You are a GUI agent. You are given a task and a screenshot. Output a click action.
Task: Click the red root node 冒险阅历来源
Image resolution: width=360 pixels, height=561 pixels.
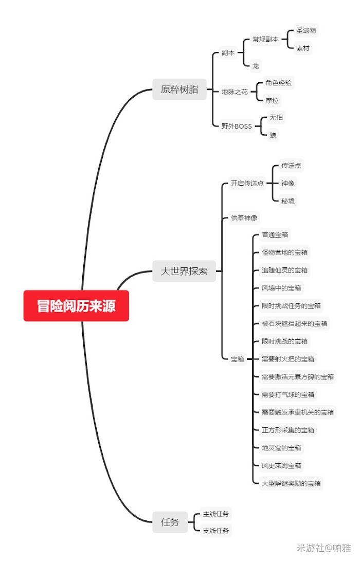pyautogui.click(x=76, y=306)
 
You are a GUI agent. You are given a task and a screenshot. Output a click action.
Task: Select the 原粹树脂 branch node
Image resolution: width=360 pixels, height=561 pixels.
pyautogui.click(x=179, y=89)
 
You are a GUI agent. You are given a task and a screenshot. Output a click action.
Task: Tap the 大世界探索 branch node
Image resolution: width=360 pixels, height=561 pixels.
pyautogui.click(x=184, y=271)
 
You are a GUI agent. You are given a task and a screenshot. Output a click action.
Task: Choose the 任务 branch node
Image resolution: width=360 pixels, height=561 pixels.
pyautogui.click(x=170, y=522)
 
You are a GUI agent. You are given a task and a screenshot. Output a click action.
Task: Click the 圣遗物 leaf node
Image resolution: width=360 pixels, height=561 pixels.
pyautogui.click(x=306, y=30)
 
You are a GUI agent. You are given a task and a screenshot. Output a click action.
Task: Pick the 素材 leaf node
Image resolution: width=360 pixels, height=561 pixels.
pyautogui.click(x=303, y=48)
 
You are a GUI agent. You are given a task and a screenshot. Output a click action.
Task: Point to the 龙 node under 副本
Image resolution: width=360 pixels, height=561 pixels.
pyautogui.click(x=256, y=66)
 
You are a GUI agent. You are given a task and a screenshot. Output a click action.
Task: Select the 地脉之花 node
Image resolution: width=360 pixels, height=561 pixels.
pyautogui.click(x=235, y=92)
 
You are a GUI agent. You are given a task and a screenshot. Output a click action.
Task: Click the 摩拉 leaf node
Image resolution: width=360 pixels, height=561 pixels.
pyautogui.click(x=273, y=100)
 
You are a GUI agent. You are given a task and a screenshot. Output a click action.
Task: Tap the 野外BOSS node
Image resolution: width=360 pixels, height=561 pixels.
pyautogui.click(x=237, y=126)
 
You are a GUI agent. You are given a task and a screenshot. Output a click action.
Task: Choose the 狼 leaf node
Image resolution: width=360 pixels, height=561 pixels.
pyautogui.click(x=273, y=135)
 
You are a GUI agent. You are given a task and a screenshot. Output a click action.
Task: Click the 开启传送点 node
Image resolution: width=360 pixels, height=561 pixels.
pyautogui.click(x=247, y=183)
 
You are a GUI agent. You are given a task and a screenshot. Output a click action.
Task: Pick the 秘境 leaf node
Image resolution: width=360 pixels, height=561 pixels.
pyautogui.click(x=288, y=201)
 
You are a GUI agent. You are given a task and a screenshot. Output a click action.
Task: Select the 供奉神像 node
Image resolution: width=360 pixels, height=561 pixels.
pyautogui.click(x=244, y=218)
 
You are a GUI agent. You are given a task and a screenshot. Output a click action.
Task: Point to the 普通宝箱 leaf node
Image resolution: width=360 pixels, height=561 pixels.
pyautogui.click(x=275, y=235)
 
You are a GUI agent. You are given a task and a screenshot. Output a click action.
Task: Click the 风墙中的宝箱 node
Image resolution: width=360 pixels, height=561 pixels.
pyautogui.click(x=281, y=288)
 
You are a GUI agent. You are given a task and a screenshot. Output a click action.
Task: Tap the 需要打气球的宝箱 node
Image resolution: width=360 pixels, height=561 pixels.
pyautogui.click(x=288, y=394)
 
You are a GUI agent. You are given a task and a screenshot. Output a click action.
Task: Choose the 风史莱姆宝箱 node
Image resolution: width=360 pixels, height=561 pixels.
pyautogui.click(x=281, y=465)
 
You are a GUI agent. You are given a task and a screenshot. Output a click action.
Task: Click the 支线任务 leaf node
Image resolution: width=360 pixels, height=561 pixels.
pyautogui.click(x=216, y=530)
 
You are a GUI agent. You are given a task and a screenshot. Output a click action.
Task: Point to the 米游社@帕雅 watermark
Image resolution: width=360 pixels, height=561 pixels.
pyautogui.click(x=323, y=548)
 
